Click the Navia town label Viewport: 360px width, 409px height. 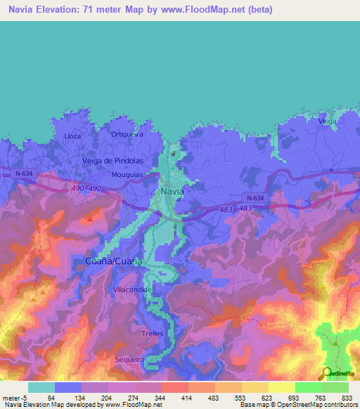[172, 190]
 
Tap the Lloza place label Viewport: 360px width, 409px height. [72, 136]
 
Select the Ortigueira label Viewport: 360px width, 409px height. [127, 134]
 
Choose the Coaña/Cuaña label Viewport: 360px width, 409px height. [113, 261]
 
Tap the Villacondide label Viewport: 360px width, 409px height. [132, 290]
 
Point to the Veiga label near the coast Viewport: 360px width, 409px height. [327, 122]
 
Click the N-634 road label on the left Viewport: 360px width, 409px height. [25, 172]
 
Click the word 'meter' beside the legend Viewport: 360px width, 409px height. [13, 397]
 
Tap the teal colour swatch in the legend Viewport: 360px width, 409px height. [41, 387]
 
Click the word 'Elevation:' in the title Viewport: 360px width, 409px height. [65, 10]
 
